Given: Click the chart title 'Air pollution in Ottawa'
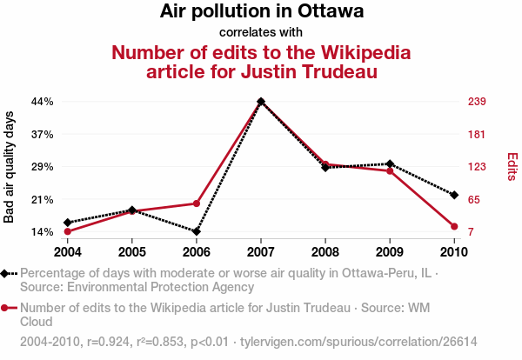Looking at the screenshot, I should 261,12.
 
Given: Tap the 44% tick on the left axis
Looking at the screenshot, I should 43,102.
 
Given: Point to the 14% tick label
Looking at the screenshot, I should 43,232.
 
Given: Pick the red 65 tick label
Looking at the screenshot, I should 478,200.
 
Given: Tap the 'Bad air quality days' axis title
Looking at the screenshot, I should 10,167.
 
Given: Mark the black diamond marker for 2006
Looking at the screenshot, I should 197,232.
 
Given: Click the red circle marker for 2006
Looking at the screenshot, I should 197,203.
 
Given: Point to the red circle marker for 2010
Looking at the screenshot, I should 454,227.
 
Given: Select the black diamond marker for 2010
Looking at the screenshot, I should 454,194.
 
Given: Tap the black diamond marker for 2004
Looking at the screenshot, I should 68,223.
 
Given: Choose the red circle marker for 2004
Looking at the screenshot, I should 68,231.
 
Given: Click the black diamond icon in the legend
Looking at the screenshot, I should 6,273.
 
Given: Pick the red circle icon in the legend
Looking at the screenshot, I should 6,308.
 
